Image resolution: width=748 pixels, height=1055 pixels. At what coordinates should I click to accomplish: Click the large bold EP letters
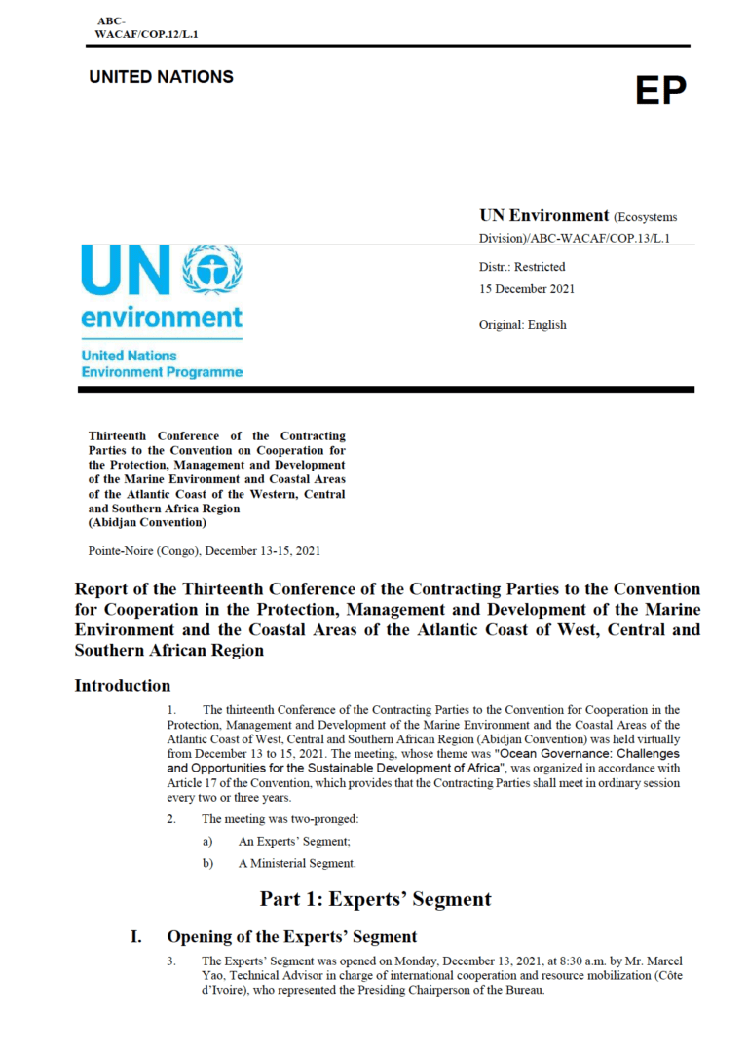[x=661, y=91]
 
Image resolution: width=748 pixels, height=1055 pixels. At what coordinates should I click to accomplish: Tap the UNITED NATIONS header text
[x=161, y=77]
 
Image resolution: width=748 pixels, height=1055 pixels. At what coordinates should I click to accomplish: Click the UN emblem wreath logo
[x=215, y=270]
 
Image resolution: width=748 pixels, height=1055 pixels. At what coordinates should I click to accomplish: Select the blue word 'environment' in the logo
[x=162, y=318]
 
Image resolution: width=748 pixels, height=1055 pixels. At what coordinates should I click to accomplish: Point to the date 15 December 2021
[x=526, y=288]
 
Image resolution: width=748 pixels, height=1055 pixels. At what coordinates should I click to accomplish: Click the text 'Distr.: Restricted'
[x=521, y=266]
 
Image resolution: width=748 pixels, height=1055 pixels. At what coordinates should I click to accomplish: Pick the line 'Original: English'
[x=522, y=324]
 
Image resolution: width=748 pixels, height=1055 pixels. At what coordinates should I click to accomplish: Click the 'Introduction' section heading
[x=123, y=686]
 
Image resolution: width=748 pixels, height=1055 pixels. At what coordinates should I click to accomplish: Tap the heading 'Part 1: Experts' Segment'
[x=375, y=898]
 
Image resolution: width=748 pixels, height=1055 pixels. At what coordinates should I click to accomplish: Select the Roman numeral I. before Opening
[x=137, y=937]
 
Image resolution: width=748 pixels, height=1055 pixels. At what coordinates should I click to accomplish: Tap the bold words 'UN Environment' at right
[x=543, y=214]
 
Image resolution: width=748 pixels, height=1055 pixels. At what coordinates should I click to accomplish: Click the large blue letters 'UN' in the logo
[x=123, y=270]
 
